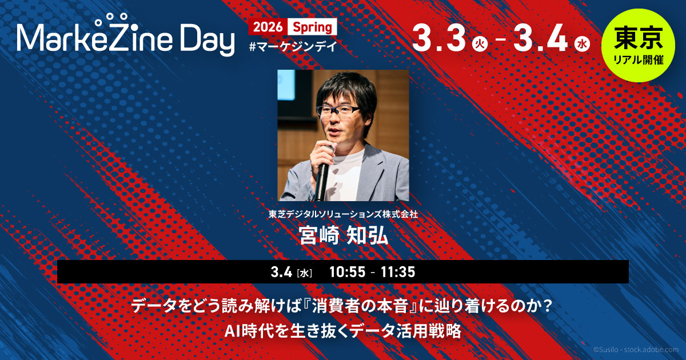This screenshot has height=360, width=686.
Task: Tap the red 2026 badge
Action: (268, 27)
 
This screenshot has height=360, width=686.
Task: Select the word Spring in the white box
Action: (312, 27)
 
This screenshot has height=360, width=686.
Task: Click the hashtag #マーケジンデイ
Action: (293, 46)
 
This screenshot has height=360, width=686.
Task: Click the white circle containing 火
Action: (480, 44)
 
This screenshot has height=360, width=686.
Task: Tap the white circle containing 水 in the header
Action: (582, 44)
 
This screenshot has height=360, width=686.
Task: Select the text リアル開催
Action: (638, 60)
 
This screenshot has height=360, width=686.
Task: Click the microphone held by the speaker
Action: (323, 174)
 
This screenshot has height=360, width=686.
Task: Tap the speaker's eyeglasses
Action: (338, 111)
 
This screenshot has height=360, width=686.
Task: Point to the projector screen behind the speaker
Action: (286, 85)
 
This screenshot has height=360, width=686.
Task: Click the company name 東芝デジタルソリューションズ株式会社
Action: (343, 214)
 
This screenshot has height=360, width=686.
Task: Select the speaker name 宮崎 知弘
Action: (344, 235)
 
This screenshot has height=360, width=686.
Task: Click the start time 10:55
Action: (348, 272)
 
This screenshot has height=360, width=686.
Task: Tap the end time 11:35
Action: (398, 272)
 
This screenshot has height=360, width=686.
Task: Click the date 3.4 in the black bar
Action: (281, 272)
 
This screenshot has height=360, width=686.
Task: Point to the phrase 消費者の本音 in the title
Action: (360, 306)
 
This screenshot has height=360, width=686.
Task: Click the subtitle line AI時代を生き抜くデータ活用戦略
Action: (342, 331)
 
